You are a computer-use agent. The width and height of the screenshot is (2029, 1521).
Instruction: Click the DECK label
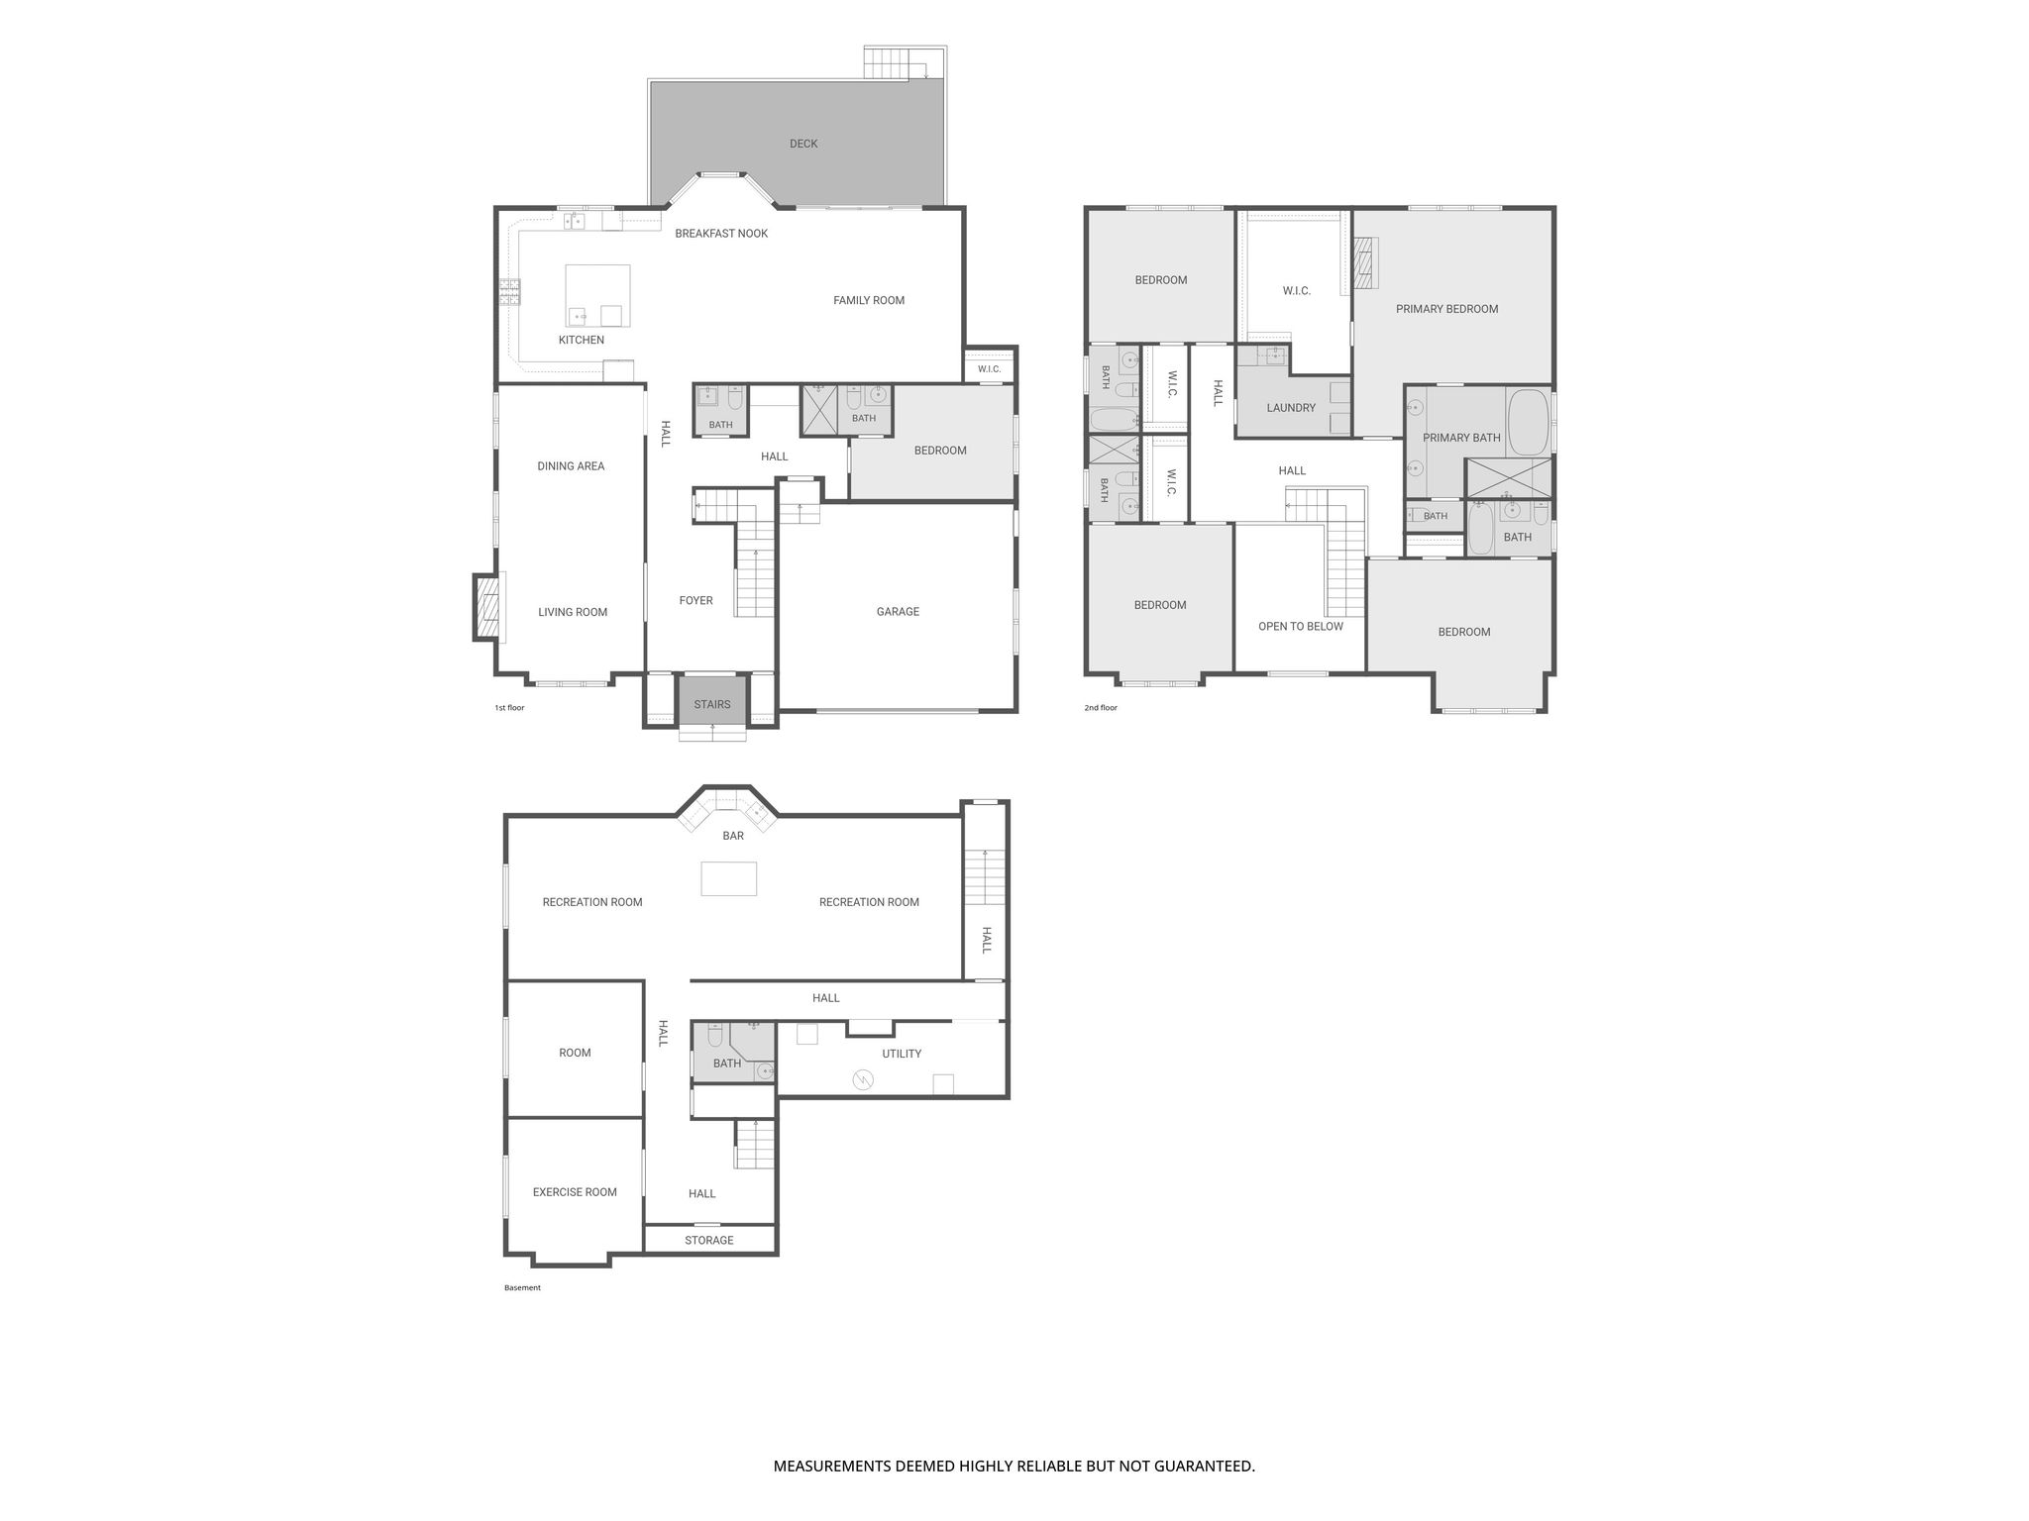[x=803, y=144]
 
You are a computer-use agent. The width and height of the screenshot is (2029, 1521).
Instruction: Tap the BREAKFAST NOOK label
[x=721, y=234]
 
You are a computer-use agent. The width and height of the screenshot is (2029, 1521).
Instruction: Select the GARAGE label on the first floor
[x=898, y=612]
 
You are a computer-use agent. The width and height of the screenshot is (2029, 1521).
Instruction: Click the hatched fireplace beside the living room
[x=487, y=607]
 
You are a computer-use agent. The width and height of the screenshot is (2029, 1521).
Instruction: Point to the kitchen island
[x=597, y=295]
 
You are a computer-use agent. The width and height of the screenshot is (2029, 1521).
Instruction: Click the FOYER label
[x=695, y=601]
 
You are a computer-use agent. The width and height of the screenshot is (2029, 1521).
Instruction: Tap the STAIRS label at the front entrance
[x=712, y=705]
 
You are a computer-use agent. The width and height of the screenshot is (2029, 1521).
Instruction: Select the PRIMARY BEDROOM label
[x=1446, y=309]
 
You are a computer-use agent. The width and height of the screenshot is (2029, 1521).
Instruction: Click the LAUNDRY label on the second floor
[x=1291, y=408]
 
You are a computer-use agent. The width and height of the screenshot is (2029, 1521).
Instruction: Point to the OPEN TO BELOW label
[x=1301, y=627]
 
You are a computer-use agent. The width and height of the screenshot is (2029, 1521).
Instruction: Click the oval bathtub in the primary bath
[x=1528, y=422]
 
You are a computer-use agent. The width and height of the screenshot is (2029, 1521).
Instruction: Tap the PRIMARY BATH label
[x=1461, y=438]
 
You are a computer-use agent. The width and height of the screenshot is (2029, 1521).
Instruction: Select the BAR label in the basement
[x=733, y=836]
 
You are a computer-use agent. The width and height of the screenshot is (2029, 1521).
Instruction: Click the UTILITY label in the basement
[x=902, y=1054]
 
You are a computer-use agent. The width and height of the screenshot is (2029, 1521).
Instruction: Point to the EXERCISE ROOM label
[x=575, y=1192]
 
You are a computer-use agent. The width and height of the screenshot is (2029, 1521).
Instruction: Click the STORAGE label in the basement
[x=709, y=1241]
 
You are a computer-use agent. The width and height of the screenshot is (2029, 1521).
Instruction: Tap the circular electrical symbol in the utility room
[x=863, y=1080]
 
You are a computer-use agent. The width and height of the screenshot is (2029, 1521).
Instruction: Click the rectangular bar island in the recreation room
[x=729, y=879]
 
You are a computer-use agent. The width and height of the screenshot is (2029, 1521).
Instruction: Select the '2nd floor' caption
[x=1101, y=708]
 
